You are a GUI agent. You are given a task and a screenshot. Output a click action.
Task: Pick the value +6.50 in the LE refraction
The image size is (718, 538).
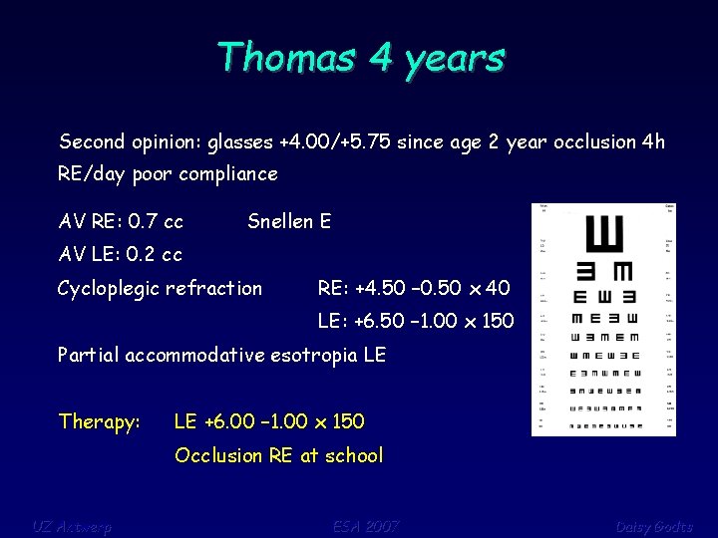pyautogui.click(x=344, y=321)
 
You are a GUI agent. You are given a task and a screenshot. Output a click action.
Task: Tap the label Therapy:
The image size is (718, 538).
pyautogui.click(x=99, y=421)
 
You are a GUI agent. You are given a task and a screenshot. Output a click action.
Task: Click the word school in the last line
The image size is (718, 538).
pyautogui.click(x=353, y=455)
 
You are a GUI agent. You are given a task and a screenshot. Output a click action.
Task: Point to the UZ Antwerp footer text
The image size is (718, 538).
pyautogui.click(x=72, y=526)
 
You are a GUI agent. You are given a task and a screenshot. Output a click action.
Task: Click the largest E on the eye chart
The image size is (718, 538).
pyautogui.click(x=604, y=236)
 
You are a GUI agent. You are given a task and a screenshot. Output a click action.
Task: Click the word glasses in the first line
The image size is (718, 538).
pyautogui.click(x=240, y=141)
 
